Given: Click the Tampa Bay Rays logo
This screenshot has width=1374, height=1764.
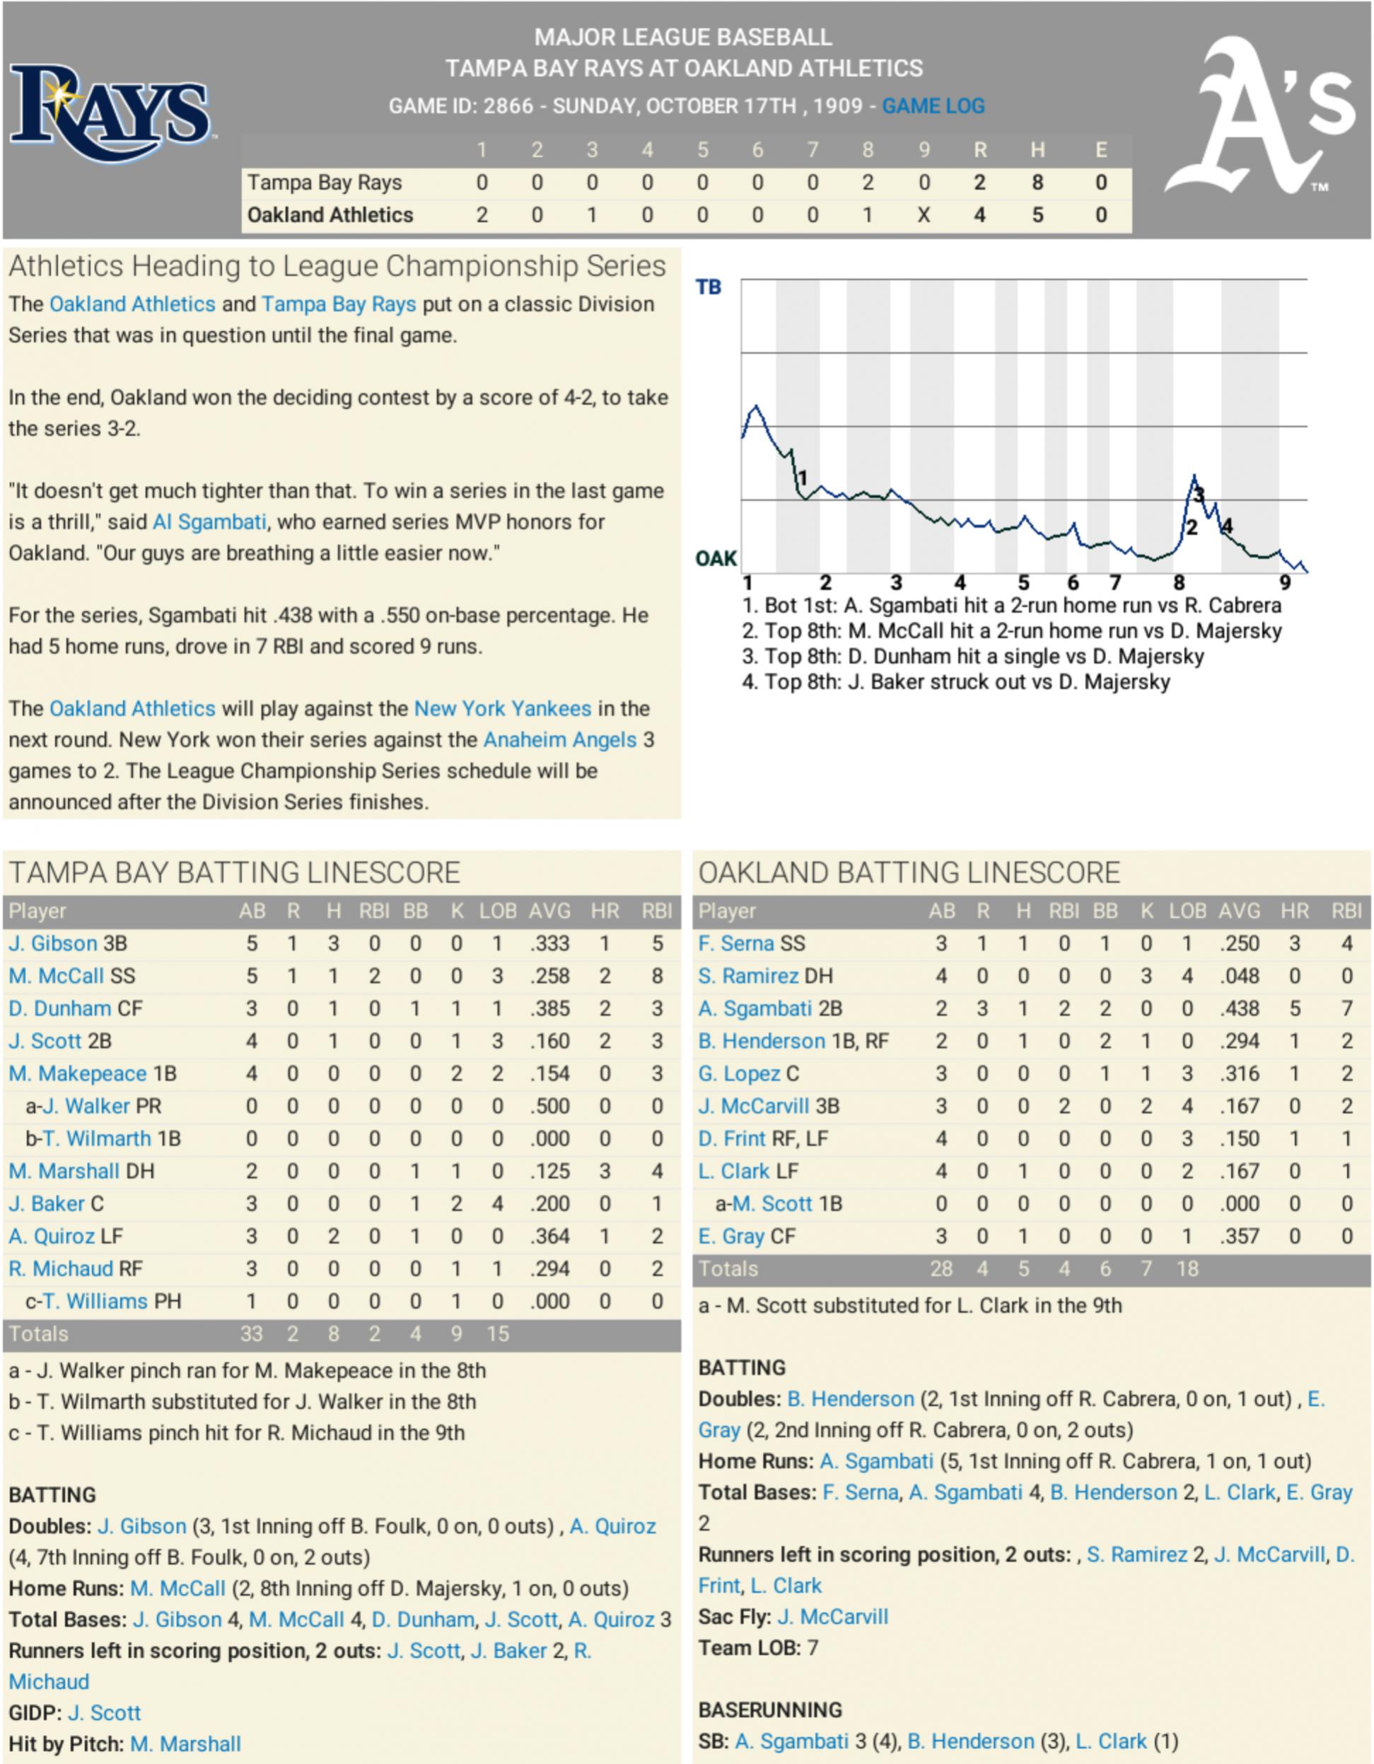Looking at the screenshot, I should [x=110, y=113].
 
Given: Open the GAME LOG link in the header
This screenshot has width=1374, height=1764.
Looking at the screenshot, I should [x=933, y=106].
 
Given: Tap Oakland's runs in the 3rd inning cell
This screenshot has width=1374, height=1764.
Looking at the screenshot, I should [x=592, y=215].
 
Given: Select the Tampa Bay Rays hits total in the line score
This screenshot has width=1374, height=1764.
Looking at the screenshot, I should [x=1037, y=183].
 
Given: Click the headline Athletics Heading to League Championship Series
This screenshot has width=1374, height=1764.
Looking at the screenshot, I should [x=337, y=267].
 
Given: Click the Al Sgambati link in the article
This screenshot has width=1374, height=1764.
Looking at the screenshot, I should [x=210, y=521].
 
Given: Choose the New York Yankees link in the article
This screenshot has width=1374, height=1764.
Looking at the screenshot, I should [x=502, y=708].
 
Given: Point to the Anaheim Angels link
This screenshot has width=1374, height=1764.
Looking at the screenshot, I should [x=559, y=740].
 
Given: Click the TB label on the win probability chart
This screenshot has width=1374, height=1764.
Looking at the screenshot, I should [x=708, y=287].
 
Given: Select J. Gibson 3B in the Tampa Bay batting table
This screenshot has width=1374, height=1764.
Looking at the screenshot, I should [x=68, y=943].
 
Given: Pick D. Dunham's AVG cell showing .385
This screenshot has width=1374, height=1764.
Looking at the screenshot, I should [x=549, y=1008].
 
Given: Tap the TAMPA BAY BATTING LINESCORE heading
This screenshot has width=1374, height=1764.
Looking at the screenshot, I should [x=234, y=872].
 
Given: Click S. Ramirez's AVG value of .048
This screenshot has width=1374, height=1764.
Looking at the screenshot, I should [x=1238, y=976].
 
